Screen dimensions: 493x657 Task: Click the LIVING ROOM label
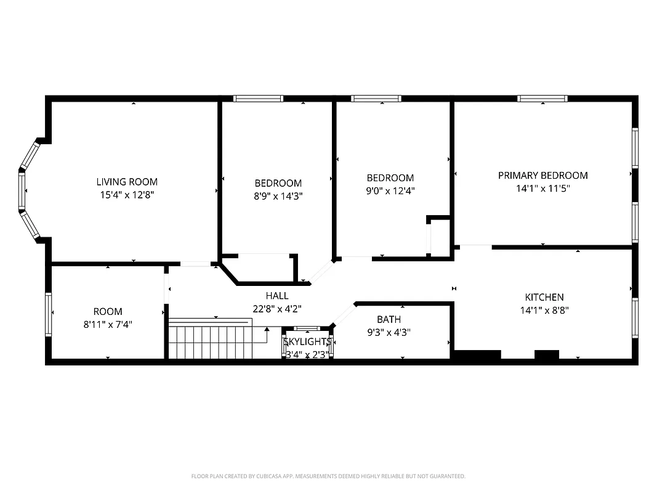(x=127, y=182)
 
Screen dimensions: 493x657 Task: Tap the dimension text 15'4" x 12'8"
(x=127, y=195)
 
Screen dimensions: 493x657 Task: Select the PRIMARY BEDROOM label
(x=542, y=175)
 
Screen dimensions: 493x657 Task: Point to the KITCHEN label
(x=544, y=297)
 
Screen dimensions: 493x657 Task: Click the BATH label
(x=389, y=319)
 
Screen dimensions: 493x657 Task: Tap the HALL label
(x=277, y=296)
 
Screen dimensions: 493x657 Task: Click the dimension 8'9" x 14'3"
(x=278, y=196)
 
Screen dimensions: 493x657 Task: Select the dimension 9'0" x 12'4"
(x=390, y=191)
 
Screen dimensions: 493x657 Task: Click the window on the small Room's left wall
(x=48, y=314)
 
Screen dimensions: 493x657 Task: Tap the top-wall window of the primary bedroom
(x=542, y=98)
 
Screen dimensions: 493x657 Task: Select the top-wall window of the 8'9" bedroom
(x=258, y=98)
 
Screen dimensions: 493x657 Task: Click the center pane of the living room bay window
(x=22, y=191)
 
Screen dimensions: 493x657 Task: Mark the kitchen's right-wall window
(x=635, y=318)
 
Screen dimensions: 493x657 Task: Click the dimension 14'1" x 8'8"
(x=544, y=311)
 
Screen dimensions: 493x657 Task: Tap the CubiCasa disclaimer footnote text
(x=328, y=476)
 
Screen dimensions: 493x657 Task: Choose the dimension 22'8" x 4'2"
(x=277, y=309)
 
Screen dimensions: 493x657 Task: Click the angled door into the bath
(x=344, y=314)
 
